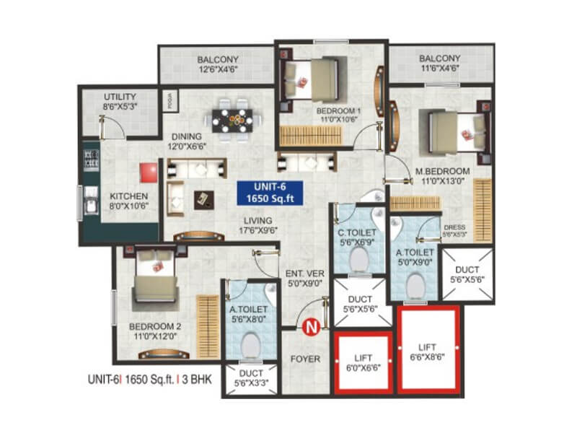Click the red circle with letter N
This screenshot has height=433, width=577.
[312, 328]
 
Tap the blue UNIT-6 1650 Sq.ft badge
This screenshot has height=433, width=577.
[270, 193]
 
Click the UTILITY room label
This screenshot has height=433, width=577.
[120, 97]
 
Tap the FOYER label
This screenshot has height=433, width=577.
[305, 358]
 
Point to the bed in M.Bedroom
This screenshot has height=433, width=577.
[454, 131]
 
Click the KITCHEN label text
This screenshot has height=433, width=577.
[129, 196]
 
